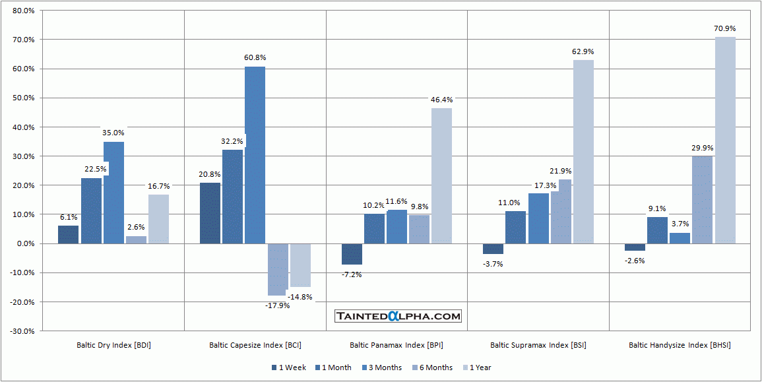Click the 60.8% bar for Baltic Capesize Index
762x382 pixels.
(x=255, y=155)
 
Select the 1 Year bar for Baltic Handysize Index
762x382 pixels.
(x=725, y=140)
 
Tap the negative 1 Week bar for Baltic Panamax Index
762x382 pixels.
(x=352, y=254)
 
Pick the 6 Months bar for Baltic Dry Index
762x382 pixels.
(x=136, y=240)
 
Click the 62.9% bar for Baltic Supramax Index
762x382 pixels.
(x=583, y=152)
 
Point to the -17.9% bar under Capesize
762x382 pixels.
(x=277, y=269)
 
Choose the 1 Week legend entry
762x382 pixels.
(x=288, y=367)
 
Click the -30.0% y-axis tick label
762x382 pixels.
(x=22, y=331)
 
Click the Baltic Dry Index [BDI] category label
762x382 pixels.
(x=113, y=345)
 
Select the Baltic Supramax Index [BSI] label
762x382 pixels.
(x=538, y=345)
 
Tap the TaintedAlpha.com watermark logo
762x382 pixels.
(x=398, y=317)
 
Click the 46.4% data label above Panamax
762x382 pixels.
(x=441, y=100)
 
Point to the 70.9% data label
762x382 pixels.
(x=724, y=28)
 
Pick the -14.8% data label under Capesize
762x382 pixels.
(x=300, y=297)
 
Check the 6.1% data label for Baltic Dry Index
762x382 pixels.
(x=69, y=216)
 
